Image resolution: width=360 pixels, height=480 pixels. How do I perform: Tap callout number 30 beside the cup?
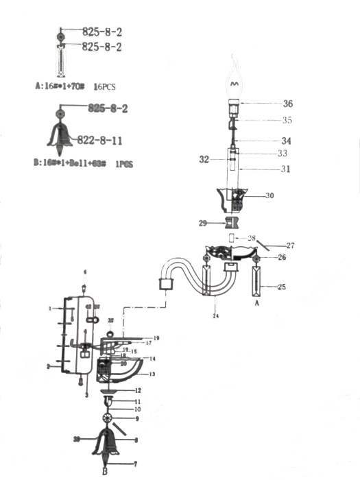(x=269, y=195)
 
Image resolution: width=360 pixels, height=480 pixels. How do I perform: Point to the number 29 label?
(x=203, y=224)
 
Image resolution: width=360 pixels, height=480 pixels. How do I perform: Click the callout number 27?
(x=290, y=245)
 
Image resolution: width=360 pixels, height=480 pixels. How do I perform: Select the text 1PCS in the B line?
(x=122, y=165)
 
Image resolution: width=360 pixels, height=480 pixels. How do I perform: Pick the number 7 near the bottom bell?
(x=136, y=464)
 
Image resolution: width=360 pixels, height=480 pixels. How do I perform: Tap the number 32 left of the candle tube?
(x=203, y=158)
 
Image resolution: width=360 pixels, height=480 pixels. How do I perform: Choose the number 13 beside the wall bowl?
(x=152, y=374)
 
